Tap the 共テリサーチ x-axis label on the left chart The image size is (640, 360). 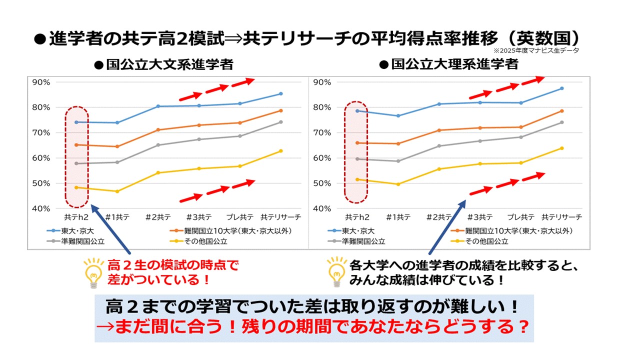pyautogui.click(x=281, y=217)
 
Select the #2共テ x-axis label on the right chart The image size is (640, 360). pyautogui.click(x=438, y=217)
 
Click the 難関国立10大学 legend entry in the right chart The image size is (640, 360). pyautogui.click(x=518, y=231)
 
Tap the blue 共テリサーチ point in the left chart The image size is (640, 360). pyautogui.click(x=281, y=93)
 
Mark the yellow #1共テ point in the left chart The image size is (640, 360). pyautogui.click(x=117, y=191)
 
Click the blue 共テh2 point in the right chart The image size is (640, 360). pyautogui.click(x=357, y=110)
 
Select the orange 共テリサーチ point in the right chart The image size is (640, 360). pyautogui.click(x=562, y=111)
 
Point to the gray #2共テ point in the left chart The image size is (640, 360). pyautogui.click(x=158, y=145)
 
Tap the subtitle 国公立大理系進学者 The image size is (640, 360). pyautogui.click(x=448, y=64)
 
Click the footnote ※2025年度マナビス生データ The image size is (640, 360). pyautogui.click(x=536, y=50)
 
